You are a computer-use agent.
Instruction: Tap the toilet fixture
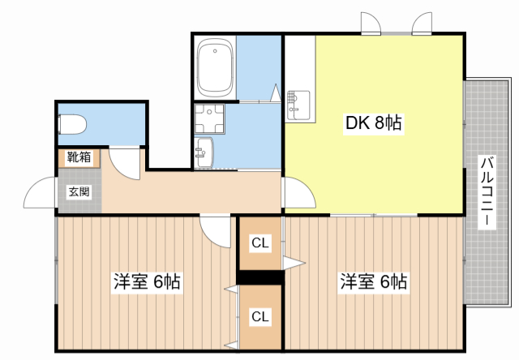coord(74,125)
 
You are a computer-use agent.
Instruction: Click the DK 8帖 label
coord(375,124)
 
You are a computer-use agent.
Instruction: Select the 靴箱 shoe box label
coord(79,157)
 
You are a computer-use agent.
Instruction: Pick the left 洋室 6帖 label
coord(146,282)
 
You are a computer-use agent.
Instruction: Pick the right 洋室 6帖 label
coord(373,282)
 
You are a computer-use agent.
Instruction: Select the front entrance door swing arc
coord(41,195)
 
